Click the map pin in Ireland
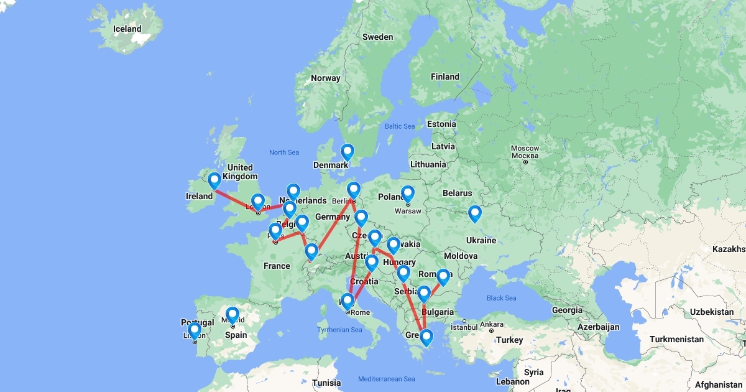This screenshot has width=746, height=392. pyautogui.click(x=214, y=180)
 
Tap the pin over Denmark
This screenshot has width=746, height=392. pyautogui.click(x=348, y=152)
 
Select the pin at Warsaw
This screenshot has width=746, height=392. pyautogui.click(x=407, y=194)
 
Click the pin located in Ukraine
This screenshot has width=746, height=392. pyautogui.click(x=474, y=213)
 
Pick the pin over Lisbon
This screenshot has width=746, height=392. pyautogui.click(x=194, y=330)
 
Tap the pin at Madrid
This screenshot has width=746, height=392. pyautogui.click(x=232, y=315)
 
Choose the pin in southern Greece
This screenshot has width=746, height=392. pyautogui.click(x=426, y=337)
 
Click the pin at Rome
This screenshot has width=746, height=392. pyautogui.click(x=348, y=302)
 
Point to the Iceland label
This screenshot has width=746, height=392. pyautogui.click(x=127, y=29)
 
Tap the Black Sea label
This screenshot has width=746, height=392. pyautogui.click(x=501, y=298)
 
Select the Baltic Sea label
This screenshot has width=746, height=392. pyautogui.click(x=399, y=126)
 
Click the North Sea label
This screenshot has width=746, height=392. pyautogui.click(x=284, y=152)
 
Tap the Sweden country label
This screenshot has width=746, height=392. pyautogui.click(x=377, y=37)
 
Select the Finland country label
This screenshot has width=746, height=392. pyautogui.click(x=444, y=77)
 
